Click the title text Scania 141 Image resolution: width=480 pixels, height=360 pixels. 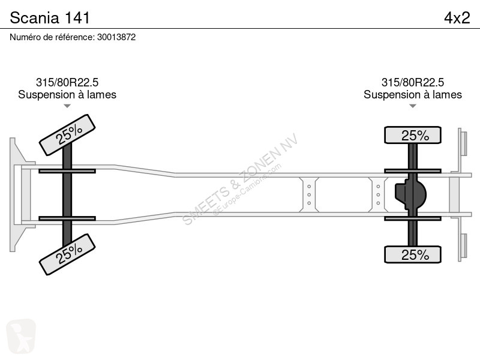coord(50,18)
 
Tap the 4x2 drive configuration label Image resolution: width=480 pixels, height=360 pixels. coord(457,18)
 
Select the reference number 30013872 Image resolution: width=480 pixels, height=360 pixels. coord(116,37)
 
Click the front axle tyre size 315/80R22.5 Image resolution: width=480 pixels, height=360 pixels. coord(67,82)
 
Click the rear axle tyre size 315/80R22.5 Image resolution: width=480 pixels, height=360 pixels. coord(413,82)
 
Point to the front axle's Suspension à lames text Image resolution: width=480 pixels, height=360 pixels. coord(67,95)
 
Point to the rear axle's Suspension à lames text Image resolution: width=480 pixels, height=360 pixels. coord(413,95)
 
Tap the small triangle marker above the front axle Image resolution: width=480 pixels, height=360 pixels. coord(67,106)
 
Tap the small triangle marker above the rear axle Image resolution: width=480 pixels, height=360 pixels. coord(413,106)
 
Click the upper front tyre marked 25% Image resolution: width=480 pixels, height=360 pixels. coord(67,135)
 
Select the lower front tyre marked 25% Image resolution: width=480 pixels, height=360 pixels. coord(67,254)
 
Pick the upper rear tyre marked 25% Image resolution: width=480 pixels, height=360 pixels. coord(413,135)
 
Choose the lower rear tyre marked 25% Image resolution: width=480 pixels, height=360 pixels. coord(413,254)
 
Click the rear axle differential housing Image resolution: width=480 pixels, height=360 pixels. coord(410,194)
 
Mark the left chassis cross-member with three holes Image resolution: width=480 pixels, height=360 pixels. coord(309,194)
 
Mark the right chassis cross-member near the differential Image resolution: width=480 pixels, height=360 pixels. coord(378,194)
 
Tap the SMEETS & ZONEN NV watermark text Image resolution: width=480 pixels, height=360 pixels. coord(240,179)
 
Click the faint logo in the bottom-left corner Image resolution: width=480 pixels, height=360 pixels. coord(21,336)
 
